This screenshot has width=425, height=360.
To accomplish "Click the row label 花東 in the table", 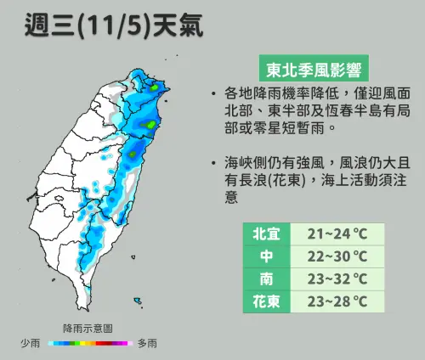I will [262, 301].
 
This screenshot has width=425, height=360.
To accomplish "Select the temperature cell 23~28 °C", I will [336, 301].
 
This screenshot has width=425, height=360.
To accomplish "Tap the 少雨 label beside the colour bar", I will [31, 344].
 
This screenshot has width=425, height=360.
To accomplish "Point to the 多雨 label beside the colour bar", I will [147, 344].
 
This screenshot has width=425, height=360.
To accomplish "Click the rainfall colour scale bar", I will [88, 344].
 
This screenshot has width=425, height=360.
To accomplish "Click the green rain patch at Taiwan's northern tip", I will [155, 86].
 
